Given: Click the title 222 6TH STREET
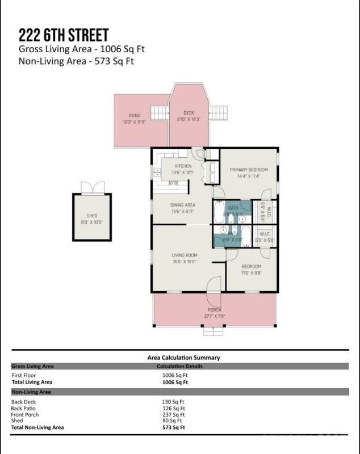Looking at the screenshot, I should pos(64,35).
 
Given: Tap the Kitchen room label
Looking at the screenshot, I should pos(183,166).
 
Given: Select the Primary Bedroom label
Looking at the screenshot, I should pos(248,170).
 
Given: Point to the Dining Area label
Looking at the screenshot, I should pos(183,205).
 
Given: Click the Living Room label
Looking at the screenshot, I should pos(184,255).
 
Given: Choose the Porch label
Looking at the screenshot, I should pos(214,310).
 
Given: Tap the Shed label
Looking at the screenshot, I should pos(91,216).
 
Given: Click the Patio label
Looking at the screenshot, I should pos(135,116).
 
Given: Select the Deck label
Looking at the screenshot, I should pos(189,113).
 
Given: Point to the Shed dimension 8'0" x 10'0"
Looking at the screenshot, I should pos(91,221).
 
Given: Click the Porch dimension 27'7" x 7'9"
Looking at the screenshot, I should pos(214,316).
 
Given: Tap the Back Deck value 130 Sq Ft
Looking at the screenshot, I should pos(173,402).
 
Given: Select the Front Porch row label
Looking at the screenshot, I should pos(25,414).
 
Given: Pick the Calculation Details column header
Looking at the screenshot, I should pos(179,367).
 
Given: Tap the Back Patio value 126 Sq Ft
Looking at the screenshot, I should pos(173,408).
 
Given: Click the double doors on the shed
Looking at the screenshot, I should pos(92,188).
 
